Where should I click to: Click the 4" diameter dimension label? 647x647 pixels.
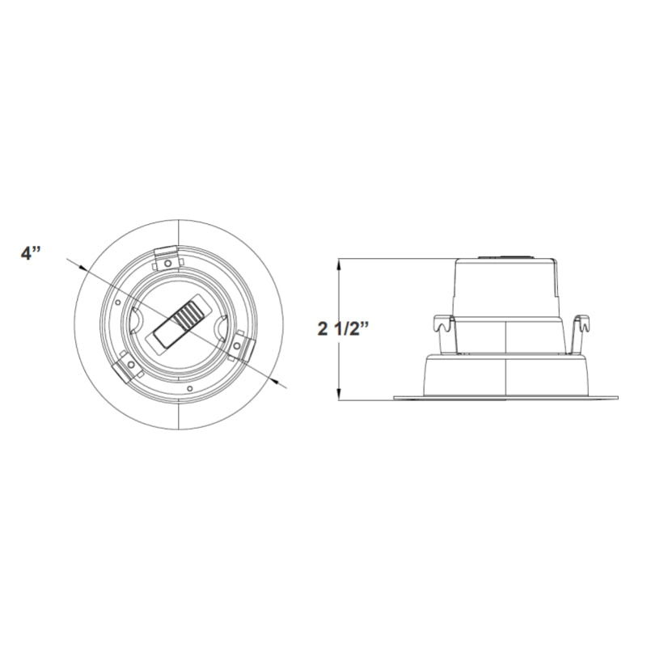pos(31,252)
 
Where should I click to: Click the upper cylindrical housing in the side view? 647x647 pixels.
pos(506,287)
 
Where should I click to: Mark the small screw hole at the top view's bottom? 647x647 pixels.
pos(189,389)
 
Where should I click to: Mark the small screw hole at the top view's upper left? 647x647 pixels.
pos(119,303)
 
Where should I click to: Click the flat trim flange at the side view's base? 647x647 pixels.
pos(505,397)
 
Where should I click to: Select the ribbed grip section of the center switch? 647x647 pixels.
pos(191,315)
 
